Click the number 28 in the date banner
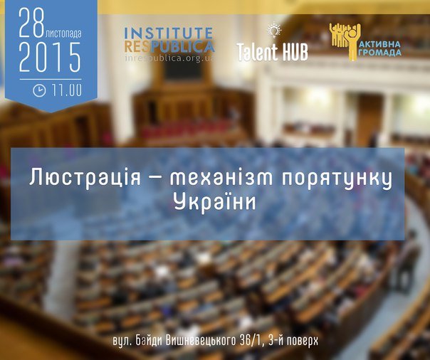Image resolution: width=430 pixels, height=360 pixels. click(x=31, y=23)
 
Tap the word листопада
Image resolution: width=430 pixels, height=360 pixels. click(x=63, y=33)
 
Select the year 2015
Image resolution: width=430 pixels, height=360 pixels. click(x=50, y=57)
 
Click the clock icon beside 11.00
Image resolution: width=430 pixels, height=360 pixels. click(x=39, y=90)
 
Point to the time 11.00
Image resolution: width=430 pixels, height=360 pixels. click(x=66, y=90)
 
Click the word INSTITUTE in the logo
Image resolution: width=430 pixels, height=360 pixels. click(x=169, y=33)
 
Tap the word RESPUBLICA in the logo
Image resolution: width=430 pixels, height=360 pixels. click(x=169, y=46)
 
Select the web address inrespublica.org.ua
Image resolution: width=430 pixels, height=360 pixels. click(x=169, y=58)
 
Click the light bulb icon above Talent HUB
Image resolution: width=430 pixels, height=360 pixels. click(x=275, y=30)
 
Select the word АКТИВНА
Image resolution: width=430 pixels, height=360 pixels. click(x=380, y=44)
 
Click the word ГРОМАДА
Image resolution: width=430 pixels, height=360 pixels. click(x=380, y=52)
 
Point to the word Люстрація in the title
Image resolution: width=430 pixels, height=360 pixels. click(x=85, y=177)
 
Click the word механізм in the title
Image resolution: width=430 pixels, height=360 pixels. click(x=221, y=178)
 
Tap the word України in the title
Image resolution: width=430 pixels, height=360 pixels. click(x=215, y=202)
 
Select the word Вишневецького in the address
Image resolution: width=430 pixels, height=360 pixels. click(x=201, y=342)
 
